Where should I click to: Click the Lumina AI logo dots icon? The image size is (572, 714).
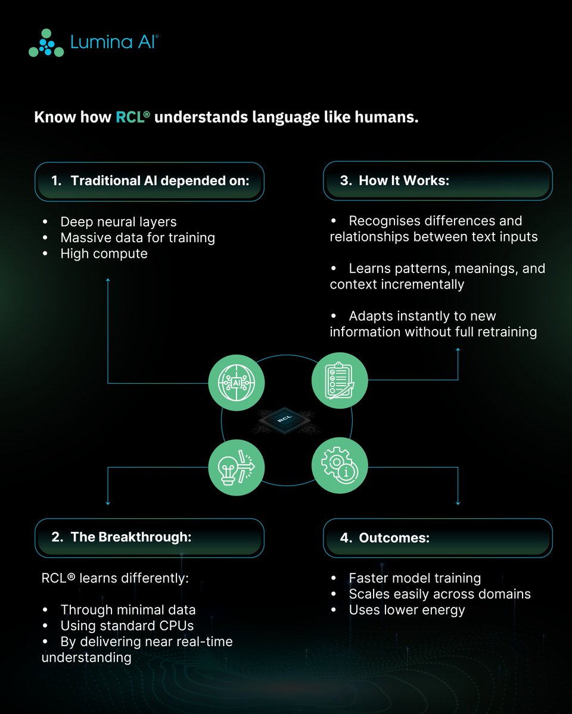[x=46, y=43]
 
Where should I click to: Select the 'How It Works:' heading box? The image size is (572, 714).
[x=438, y=181]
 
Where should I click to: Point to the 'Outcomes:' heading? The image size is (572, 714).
[x=394, y=538]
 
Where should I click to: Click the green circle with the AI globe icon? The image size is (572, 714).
[x=237, y=383]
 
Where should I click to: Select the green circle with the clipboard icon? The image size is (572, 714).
[x=340, y=381]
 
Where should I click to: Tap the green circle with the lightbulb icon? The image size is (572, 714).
[x=237, y=468]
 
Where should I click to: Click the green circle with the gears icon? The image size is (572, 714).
[x=340, y=465]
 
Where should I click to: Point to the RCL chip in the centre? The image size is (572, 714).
[x=284, y=419]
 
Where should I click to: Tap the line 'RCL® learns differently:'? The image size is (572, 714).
[x=115, y=578]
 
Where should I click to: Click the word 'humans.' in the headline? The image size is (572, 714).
[x=387, y=117]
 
